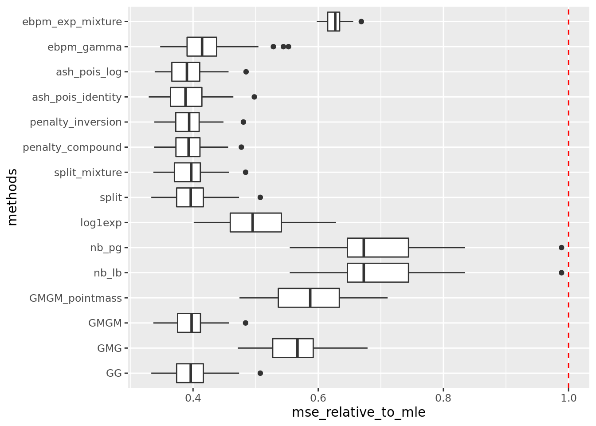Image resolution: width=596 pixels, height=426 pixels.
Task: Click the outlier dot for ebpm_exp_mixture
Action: point(361,21)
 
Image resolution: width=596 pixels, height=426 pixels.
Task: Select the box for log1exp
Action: point(255,222)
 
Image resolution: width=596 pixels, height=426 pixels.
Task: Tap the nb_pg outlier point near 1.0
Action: point(561,248)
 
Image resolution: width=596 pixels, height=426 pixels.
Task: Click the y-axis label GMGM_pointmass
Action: point(75,298)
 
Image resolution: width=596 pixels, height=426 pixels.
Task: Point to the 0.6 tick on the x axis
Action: point(318,397)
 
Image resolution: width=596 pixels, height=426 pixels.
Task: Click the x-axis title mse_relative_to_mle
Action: point(358,413)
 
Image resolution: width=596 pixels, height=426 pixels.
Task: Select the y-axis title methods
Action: point(12,197)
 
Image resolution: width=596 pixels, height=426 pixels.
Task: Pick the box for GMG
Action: point(293,348)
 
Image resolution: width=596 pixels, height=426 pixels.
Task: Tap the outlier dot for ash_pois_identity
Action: point(254,97)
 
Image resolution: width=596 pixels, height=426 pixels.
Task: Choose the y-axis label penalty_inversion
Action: point(75,122)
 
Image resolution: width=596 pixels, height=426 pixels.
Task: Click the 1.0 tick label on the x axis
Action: point(569,397)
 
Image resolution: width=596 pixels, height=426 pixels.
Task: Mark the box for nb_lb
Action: point(378,273)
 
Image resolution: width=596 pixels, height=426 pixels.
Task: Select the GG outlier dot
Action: point(260,373)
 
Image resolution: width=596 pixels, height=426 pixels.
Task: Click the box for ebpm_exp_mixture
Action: point(333,21)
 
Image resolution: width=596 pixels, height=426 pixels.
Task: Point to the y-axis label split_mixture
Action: point(88,172)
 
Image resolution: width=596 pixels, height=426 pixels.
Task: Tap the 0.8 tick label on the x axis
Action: point(443,397)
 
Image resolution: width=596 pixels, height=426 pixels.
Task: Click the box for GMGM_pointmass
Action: point(309,298)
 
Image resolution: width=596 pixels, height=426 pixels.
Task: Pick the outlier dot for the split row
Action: point(260,197)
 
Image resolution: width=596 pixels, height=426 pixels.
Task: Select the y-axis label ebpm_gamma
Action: point(84,47)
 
